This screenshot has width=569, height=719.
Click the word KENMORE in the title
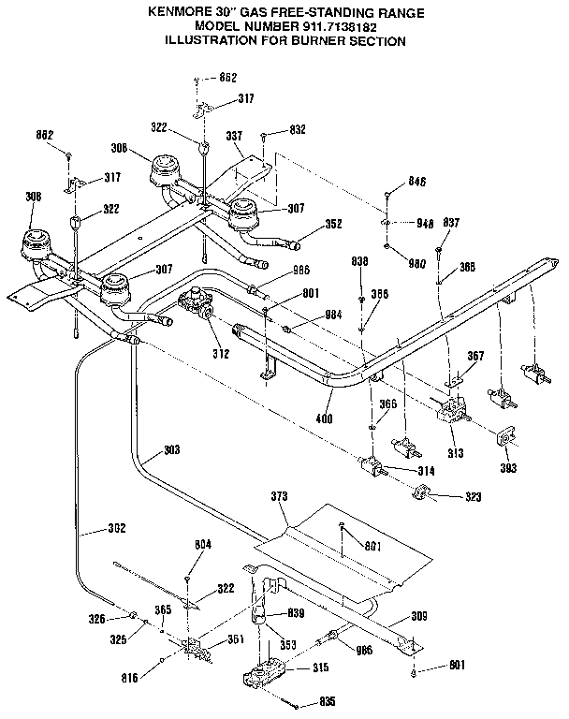click(x=179, y=12)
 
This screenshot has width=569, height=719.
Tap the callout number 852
click(x=227, y=78)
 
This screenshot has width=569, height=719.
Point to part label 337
click(x=234, y=136)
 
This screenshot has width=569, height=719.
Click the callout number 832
click(x=298, y=129)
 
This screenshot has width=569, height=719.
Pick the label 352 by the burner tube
click(x=332, y=224)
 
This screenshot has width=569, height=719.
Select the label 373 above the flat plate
click(x=278, y=494)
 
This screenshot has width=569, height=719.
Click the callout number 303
click(x=171, y=450)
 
